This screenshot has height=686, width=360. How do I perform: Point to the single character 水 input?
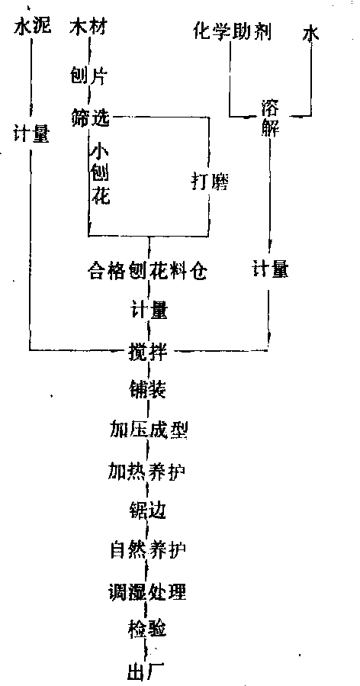pyautogui.click(x=310, y=34)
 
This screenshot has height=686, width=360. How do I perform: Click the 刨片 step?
pyautogui.click(x=88, y=76)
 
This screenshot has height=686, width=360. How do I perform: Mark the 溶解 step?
pyautogui.click(x=271, y=118)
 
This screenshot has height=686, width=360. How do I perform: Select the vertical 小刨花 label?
pyautogui.click(x=101, y=175)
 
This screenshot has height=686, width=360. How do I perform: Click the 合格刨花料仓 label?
pyautogui.click(x=146, y=272)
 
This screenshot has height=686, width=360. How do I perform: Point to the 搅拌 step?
pyautogui.click(x=149, y=351)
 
